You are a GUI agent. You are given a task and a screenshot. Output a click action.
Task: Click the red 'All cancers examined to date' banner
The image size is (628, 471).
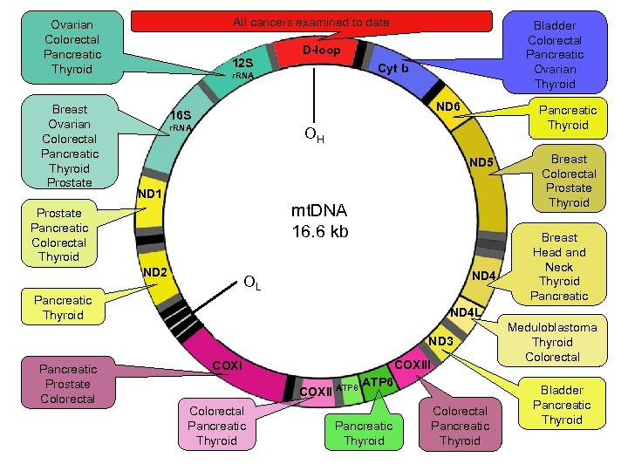pos(311,22)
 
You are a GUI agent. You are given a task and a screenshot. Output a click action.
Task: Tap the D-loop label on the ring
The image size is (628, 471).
pos(321,51)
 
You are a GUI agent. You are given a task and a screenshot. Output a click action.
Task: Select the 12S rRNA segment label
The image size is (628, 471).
pos(242,64)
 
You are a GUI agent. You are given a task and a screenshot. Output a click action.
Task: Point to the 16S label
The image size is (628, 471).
pos(181,115)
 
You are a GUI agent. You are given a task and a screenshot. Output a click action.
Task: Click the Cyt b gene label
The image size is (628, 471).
pos(392,68)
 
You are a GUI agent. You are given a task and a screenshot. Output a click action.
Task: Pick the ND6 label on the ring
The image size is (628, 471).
pos(448,106)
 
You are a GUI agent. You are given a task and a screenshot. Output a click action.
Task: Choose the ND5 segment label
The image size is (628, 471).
pos(481,162)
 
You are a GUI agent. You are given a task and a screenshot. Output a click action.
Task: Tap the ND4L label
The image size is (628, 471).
pos(466,312)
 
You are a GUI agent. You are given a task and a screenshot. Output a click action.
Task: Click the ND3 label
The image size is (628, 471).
pos(440,340)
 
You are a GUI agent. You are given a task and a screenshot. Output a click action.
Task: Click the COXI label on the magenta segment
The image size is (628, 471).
pos(228,364)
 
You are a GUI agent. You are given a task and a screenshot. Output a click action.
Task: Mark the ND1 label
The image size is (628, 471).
pos(150,193)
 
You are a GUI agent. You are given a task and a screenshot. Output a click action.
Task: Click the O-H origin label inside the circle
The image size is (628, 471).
pos(314,135)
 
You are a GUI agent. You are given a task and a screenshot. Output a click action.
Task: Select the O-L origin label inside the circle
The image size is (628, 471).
pos(252,283)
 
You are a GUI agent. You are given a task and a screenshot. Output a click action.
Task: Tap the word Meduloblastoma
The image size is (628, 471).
pos(552,327)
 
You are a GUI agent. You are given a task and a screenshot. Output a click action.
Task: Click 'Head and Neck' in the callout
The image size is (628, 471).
pos(559,259)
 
